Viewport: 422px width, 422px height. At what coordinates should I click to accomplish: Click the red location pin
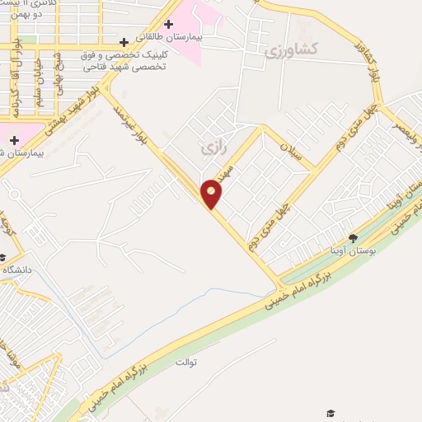212,193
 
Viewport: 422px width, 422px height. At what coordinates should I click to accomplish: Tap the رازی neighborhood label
213,148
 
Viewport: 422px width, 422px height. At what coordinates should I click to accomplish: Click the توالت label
187,362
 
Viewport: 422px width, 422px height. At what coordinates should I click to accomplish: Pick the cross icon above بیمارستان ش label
14,140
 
